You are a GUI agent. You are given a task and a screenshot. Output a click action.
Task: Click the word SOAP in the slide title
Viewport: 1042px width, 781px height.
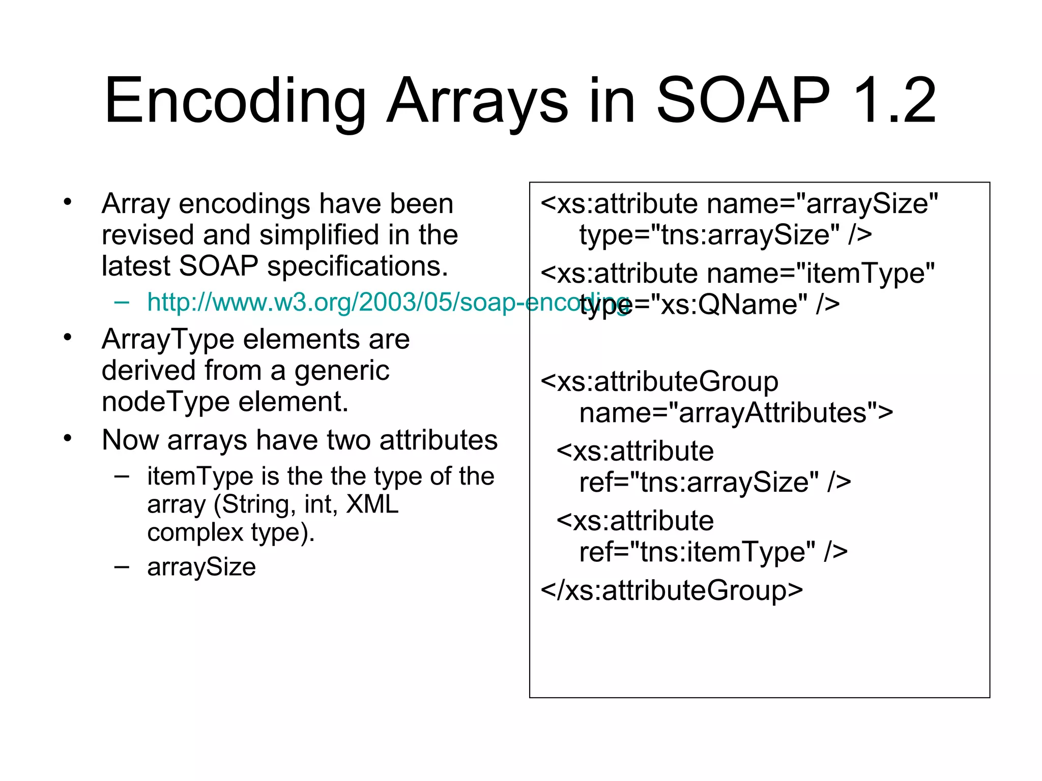click(x=743, y=101)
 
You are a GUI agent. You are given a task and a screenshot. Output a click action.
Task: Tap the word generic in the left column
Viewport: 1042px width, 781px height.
click(x=342, y=371)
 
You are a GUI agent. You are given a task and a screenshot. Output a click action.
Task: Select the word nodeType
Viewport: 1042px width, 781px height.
click(x=165, y=402)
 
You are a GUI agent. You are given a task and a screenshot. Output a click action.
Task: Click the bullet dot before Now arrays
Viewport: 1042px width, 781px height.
click(x=68, y=438)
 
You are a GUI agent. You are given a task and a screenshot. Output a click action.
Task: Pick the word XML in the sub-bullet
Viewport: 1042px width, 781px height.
click(x=372, y=504)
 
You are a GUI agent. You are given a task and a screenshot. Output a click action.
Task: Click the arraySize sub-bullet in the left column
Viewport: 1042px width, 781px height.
click(x=201, y=567)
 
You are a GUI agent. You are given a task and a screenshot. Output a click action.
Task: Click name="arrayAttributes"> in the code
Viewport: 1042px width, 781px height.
click(x=736, y=413)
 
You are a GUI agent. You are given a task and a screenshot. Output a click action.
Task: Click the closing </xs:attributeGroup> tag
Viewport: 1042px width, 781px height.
click(x=672, y=590)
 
